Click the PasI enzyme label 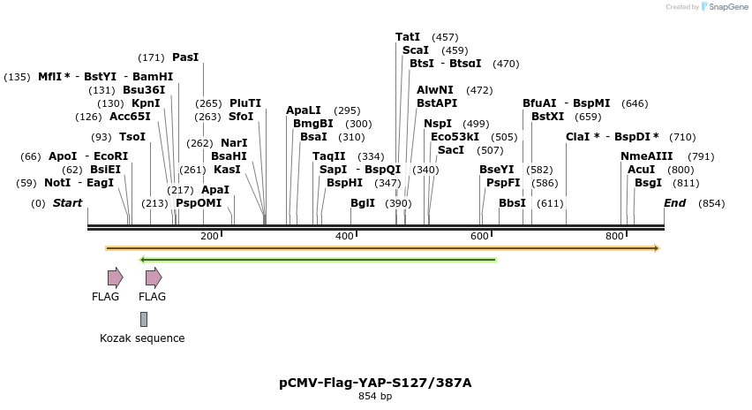point(185,57)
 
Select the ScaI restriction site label point(415,50)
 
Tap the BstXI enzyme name point(547,116)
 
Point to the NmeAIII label point(646,156)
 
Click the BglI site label point(363,202)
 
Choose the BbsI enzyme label point(512,202)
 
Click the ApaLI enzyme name point(304,110)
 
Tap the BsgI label point(648,183)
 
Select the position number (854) point(711,203)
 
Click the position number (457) point(445,37)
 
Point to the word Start point(67,203)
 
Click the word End point(675,203)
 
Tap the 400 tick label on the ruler point(343,236)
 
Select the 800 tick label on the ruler point(614,236)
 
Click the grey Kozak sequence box point(144,319)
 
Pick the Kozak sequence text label point(142,338)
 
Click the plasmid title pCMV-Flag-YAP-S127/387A point(375,383)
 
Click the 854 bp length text point(375,396)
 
